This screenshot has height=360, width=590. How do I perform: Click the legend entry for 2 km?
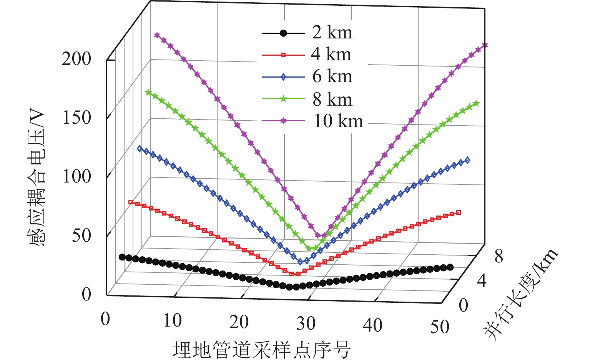coord(332,33)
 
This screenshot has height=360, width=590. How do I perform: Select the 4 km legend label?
coord(331,55)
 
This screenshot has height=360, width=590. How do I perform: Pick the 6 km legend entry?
coord(332,76)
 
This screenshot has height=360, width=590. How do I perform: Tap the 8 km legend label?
coord(332,100)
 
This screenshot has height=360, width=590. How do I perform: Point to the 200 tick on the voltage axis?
coord(76,59)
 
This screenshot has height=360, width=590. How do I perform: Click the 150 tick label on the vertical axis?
coord(76,118)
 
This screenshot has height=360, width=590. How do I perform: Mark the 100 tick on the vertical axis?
coord(76,176)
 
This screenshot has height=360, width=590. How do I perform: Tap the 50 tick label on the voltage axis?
coord(81,235)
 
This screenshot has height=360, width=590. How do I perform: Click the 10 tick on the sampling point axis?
coord(172,320)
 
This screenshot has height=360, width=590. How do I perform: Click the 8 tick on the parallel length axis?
coord(499,256)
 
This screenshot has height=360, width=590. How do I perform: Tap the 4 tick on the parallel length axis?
coord(482,282)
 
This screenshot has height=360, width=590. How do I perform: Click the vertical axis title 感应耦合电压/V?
coord(37,179)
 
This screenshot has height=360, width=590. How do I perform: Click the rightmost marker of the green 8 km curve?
coord(476,103)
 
